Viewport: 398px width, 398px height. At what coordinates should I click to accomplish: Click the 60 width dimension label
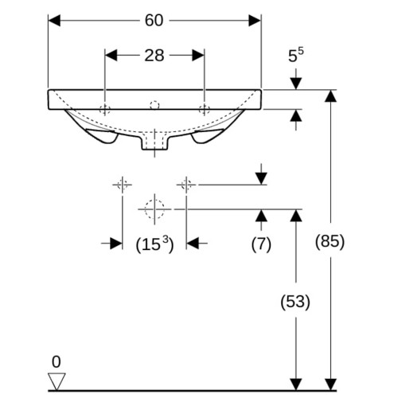154,21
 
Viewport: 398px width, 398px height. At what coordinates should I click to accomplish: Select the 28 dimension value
154,56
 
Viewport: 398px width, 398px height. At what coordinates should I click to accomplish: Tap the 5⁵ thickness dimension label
296,55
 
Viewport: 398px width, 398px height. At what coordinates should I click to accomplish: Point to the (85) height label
330,242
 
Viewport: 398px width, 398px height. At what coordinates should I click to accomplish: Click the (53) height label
295,302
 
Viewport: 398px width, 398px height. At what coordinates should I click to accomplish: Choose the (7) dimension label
261,244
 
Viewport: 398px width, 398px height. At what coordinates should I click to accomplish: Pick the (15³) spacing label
154,244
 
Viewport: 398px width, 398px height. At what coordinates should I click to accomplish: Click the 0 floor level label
57,361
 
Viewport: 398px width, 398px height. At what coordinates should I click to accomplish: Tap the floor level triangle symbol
57,381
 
